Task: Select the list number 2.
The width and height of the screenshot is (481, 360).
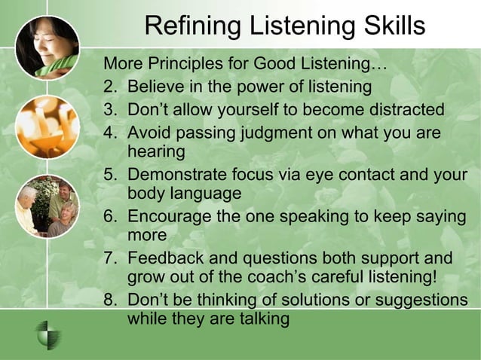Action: click(110, 87)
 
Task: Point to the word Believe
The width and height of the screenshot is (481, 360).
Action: click(157, 87)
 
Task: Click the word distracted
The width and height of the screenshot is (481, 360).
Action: click(400, 110)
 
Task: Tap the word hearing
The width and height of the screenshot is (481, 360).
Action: click(156, 151)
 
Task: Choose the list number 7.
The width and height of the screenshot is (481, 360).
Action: click(110, 258)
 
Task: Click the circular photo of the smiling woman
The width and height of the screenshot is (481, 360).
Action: click(47, 47)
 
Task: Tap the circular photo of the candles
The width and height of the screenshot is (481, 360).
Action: click(47, 126)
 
